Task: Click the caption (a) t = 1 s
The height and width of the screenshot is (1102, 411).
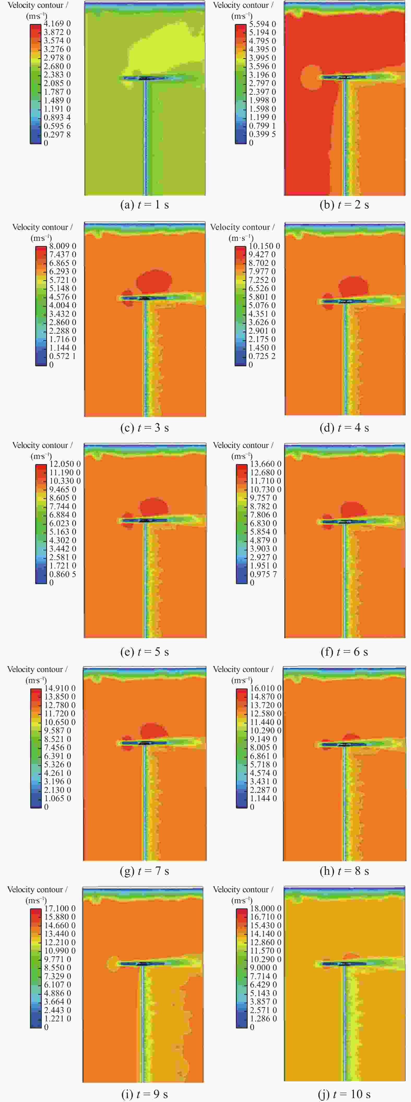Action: (145, 205)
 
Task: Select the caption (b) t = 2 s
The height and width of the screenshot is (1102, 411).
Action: (344, 205)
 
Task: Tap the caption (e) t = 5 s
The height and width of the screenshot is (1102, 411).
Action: (145, 652)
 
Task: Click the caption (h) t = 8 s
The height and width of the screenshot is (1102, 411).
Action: (344, 871)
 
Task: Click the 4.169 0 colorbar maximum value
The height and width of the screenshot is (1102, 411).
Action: (57, 23)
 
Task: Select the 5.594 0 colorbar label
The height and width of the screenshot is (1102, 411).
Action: (262, 24)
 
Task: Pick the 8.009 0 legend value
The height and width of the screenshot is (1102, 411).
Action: (62, 246)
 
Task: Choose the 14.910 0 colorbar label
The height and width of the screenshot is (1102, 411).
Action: (60, 688)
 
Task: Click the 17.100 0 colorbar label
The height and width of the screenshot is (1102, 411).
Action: (60, 908)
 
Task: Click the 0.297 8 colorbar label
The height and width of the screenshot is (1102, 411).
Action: (57, 134)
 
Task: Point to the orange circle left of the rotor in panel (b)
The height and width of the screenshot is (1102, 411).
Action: (311, 77)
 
